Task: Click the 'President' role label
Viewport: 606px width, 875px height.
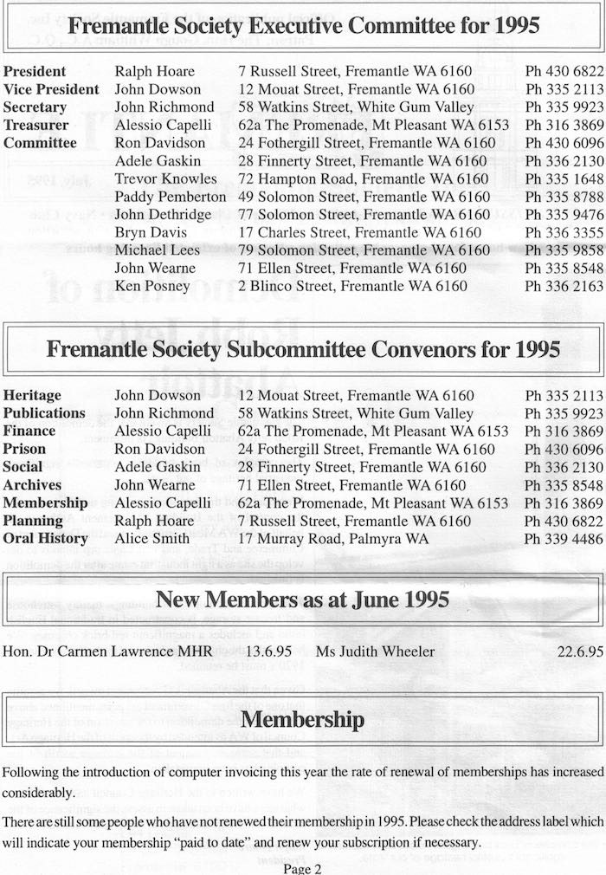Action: coord(35,71)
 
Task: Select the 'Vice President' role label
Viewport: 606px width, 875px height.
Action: coord(51,89)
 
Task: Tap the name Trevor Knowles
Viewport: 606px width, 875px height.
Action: coord(165,178)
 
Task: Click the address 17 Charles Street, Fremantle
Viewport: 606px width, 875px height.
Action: coord(359,232)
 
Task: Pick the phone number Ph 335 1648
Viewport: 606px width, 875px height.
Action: coord(564,178)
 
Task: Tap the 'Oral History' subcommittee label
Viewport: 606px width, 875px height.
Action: coord(46,538)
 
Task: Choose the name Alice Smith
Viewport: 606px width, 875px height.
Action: coord(151,538)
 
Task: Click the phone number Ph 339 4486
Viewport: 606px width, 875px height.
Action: coord(564,538)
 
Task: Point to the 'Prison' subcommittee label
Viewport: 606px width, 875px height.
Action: coord(24,449)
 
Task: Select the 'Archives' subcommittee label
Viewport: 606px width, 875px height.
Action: coord(33,485)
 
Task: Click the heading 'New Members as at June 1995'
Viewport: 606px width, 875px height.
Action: coord(303,599)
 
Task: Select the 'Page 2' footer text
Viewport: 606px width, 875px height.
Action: coord(303,867)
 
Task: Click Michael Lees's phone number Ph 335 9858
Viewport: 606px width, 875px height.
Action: coord(564,250)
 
